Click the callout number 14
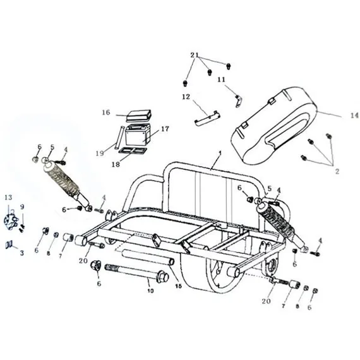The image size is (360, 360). click(355, 116)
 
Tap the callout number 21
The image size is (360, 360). click(195, 55)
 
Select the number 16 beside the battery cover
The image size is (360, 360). click(106, 112)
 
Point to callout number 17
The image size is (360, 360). click(165, 129)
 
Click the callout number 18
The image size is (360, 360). click(116, 164)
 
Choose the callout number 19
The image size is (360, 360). click(100, 153)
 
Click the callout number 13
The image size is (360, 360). click(8, 197)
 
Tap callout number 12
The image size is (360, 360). click(186, 97)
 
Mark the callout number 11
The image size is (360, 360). click(221, 80)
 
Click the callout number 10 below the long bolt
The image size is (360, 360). click(150, 291)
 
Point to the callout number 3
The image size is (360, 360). click(22, 253)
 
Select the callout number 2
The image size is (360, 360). click(337, 171)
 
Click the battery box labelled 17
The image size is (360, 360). click(138, 136)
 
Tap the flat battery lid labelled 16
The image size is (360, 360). click(138, 116)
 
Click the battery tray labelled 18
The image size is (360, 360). click(132, 150)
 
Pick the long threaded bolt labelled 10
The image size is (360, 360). click(137, 273)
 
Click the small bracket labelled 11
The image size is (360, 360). click(238, 101)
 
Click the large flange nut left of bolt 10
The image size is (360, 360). click(96, 267)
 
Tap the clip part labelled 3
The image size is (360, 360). click(9, 245)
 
